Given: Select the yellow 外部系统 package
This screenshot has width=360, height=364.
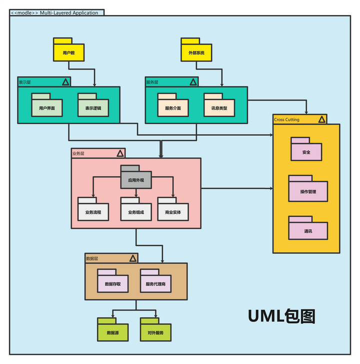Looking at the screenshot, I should [x=196, y=52].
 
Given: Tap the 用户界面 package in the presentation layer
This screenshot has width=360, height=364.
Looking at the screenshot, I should [x=47, y=107].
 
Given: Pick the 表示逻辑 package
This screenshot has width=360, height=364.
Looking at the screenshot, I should [x=93, y=107].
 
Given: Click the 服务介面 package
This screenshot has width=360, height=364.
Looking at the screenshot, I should [x=173, y=107].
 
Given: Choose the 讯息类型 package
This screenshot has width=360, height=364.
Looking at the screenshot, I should [x=219, y=107].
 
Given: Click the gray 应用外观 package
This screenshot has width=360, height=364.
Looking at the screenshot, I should [x=135, y=179].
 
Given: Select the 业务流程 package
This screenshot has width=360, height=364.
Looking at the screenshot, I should [x=93, y=211].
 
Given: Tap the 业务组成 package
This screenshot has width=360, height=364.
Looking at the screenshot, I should [x=136, y=211].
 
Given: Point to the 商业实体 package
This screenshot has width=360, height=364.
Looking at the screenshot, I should [x=173, y=211].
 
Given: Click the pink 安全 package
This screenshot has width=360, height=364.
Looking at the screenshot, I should [x=306, y=151].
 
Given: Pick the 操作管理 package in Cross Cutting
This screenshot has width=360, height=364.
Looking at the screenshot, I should [x=308, y=191].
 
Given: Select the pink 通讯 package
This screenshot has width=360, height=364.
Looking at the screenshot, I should [x=308, y=230].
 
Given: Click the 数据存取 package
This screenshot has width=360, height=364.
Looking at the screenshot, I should [x=113, y=283].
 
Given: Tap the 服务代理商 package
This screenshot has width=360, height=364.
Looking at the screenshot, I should [x=155, y=283].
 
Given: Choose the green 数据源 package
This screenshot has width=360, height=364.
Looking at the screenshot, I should [x=112, y=331].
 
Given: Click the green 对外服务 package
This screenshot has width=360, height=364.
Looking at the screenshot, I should [x=155, y=331].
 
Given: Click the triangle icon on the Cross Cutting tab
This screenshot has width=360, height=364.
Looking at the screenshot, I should [x=321, y=119].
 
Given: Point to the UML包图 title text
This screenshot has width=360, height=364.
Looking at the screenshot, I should [x=281, y=316].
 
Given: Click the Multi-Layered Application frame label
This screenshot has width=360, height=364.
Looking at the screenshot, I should [x=57, y=13].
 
